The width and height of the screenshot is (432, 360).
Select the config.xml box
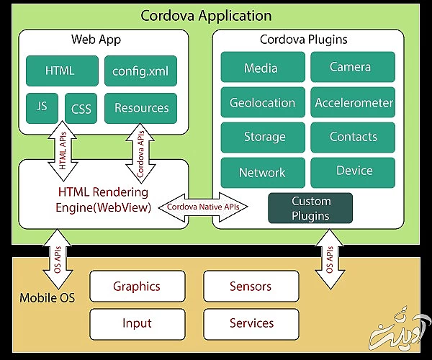tap(140, 71)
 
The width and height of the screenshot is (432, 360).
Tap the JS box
tap(42, 107)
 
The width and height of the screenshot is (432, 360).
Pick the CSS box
tap(81, 108)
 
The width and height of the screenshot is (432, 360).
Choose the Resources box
tap(141, 108)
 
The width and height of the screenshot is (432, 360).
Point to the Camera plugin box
tap(352, 67)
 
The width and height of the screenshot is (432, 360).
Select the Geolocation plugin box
tap(263, 102)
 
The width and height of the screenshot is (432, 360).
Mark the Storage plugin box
tap(263, 137)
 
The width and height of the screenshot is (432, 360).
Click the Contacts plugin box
tap(353, 137)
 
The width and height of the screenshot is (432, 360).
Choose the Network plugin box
tap(263, 172)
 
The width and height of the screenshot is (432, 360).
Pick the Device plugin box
tap(353, 171)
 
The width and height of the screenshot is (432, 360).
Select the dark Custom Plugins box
tap(310, 208)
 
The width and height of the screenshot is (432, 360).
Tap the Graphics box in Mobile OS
tap(137, 286)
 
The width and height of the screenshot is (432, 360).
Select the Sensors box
tap(251, 286)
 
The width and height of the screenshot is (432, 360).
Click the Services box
tap(251, 323)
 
